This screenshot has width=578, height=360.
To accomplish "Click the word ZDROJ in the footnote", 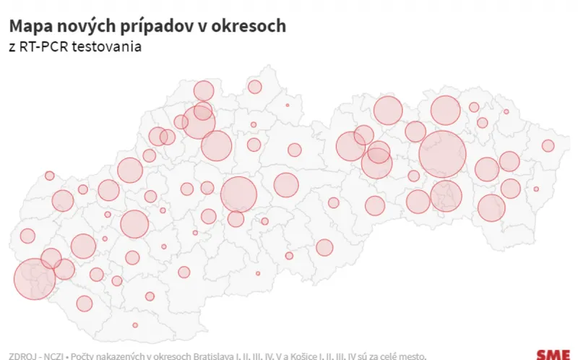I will (x=20, y=356).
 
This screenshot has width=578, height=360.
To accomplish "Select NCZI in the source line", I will (x=51, y=356).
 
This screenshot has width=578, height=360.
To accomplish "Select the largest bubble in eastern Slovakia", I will (x=442, y=154).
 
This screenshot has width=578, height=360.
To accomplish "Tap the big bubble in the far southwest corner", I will (x=35, y=279).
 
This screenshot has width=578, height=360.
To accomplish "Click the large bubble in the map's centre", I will (x=238, y=194).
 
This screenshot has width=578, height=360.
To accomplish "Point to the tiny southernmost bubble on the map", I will (x=135, y=325).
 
